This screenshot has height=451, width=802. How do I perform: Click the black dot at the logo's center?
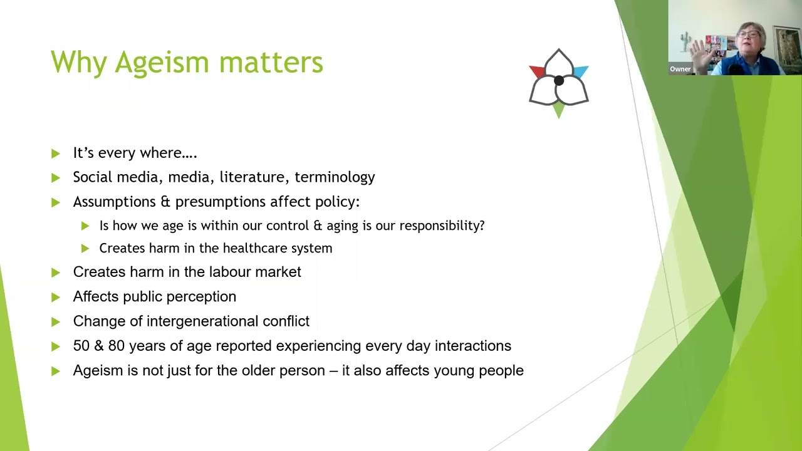[559, 81]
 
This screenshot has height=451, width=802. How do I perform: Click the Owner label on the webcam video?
[680, 70]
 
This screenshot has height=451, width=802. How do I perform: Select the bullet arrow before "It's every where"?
[56, 153]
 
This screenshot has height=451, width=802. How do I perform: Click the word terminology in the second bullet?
[335, 177]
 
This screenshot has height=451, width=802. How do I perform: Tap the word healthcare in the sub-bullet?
[251, 248]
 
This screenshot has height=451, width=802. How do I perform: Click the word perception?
[206, 297]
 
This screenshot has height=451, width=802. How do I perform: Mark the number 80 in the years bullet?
[117, 346]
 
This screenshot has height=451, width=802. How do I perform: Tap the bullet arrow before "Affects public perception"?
[56, 297]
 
